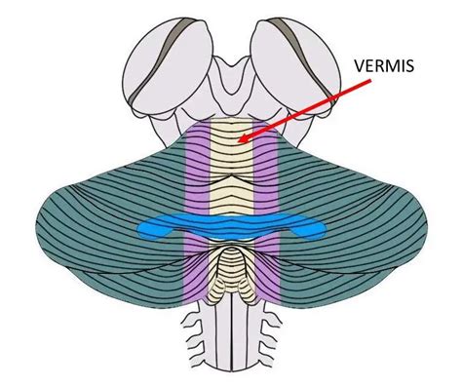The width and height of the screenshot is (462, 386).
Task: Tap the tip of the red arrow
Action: [243, 141]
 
